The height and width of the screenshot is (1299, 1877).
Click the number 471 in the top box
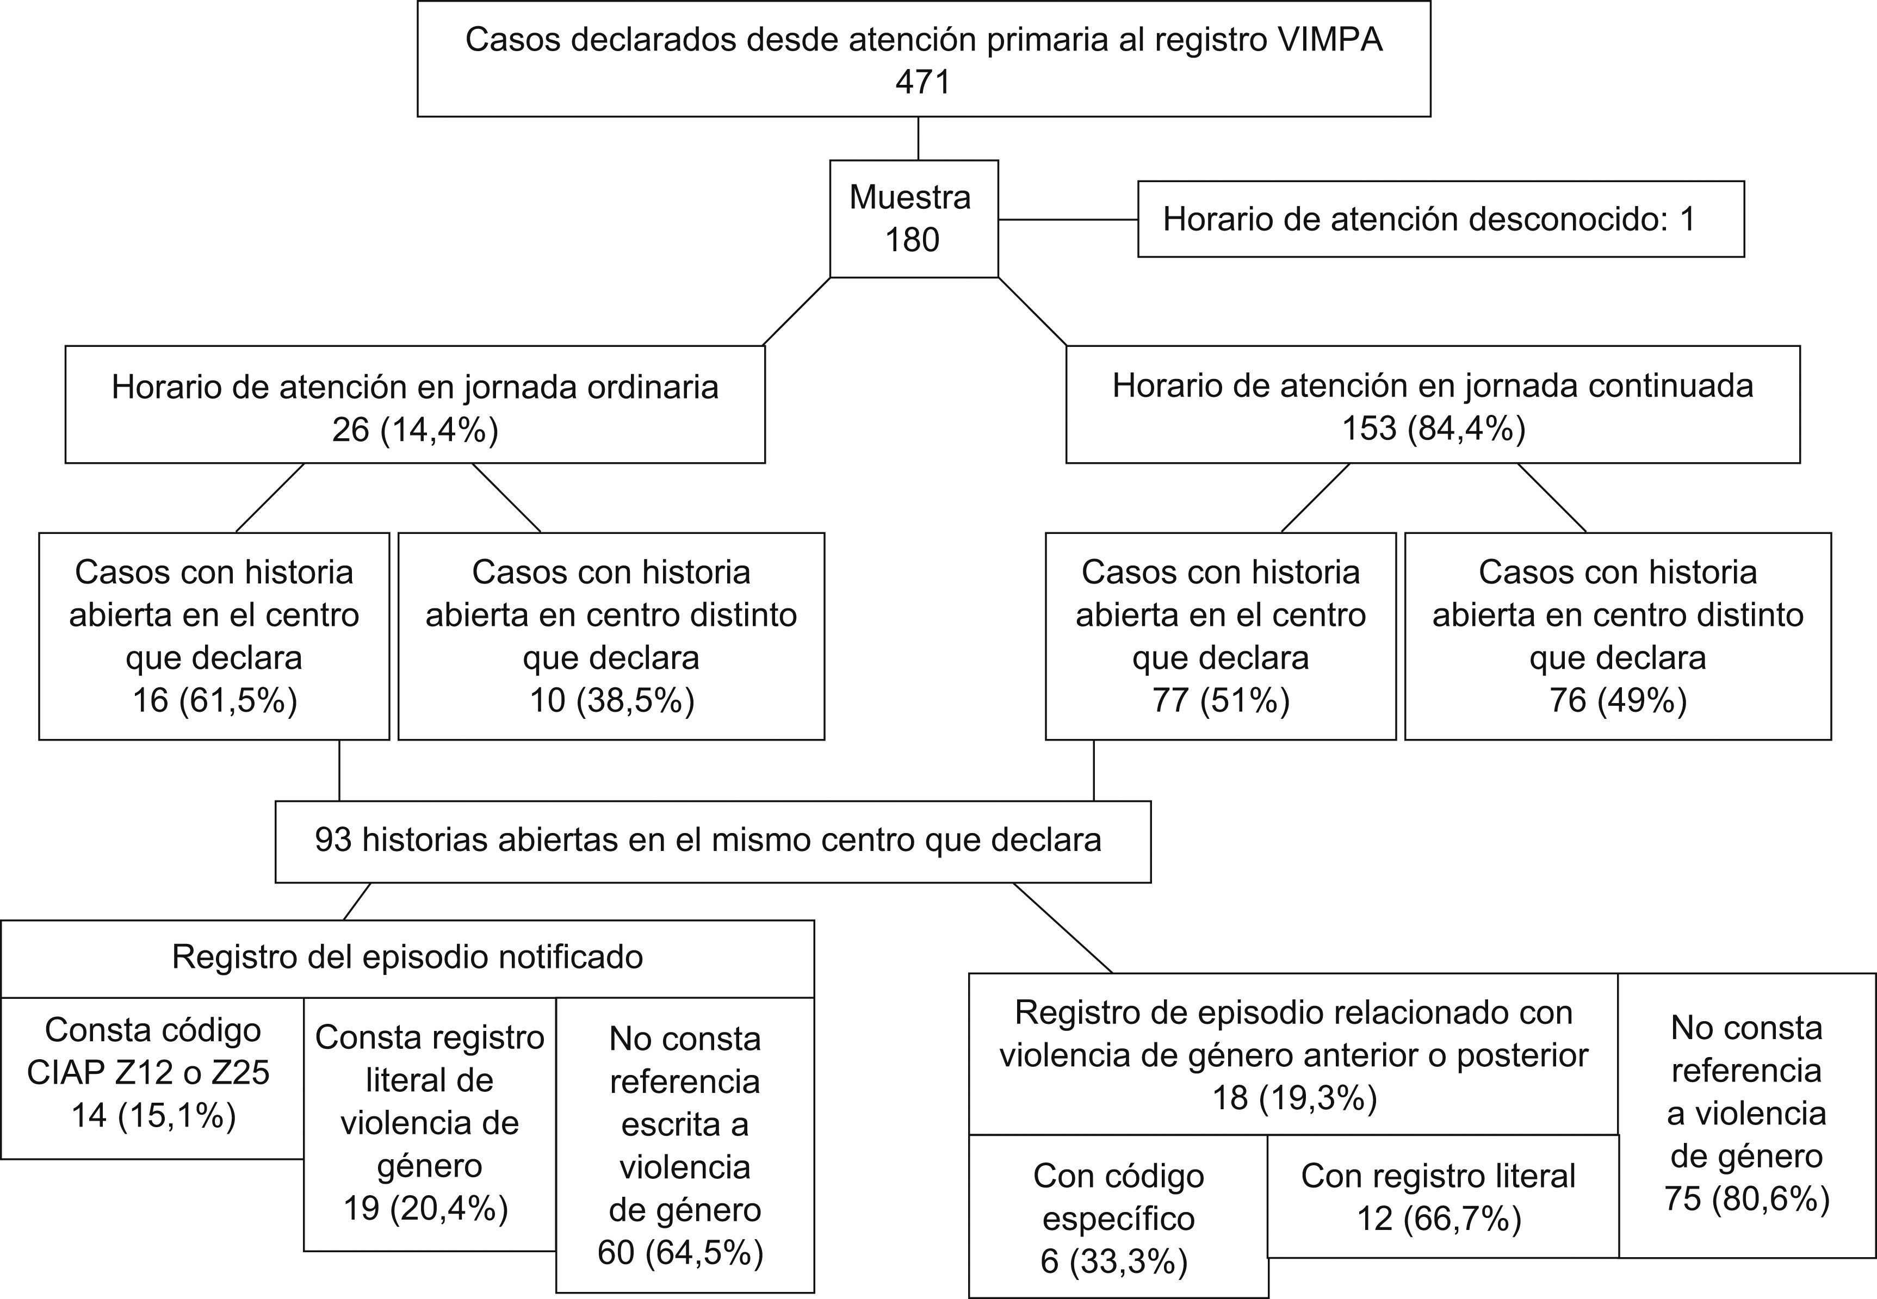click(923, 82)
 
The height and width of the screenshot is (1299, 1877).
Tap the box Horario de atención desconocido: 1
click(1440, 219)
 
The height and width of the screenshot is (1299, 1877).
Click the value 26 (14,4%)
click(415, 429)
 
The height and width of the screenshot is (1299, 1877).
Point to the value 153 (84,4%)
click(1433, 428)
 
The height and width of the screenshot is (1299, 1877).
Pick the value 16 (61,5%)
click(214, 700)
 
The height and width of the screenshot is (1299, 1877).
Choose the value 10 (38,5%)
click(611, 700)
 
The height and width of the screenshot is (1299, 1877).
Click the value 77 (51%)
click(1220, 700)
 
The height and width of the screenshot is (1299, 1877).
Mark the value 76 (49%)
click(1618, 700)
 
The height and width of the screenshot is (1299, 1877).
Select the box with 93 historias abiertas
click(712, 841)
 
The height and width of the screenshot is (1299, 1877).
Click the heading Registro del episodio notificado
click(407, 957)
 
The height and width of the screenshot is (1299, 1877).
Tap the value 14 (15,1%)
click(153, 1115)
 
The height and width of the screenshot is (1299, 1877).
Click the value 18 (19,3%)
click(1294, 1098)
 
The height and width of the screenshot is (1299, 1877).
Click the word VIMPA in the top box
click(1329, 40)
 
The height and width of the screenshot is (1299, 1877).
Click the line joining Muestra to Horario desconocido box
click(1068, 220)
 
